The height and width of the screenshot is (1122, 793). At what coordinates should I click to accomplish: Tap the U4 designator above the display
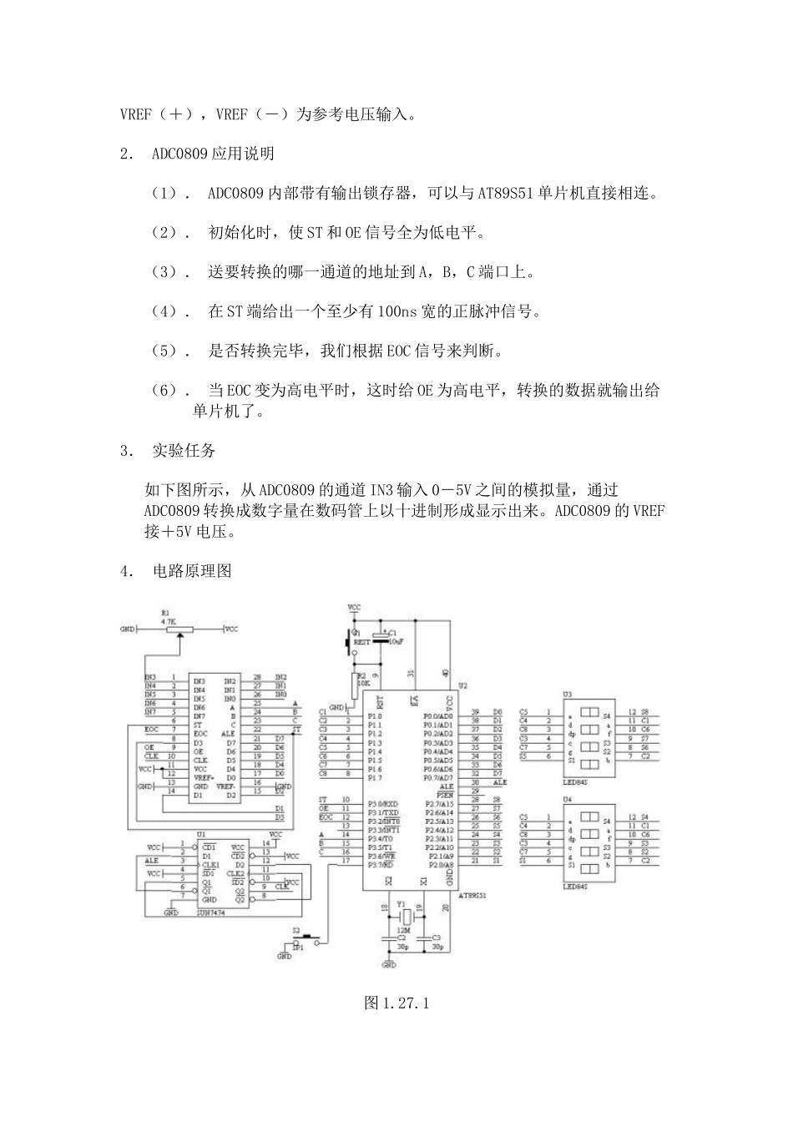(x=568, y=799)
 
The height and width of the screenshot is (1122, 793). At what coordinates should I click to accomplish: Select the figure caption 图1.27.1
(x=396, y=1003)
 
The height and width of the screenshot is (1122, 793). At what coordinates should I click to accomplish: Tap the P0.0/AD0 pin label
(x=438, y=716)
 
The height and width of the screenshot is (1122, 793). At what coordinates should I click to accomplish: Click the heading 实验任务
(x=184, y=451)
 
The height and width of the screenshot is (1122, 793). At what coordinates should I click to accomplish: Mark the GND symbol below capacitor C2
(x=389, y=964)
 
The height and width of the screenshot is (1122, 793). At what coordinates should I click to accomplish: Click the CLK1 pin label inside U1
(x=210, y=864)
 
